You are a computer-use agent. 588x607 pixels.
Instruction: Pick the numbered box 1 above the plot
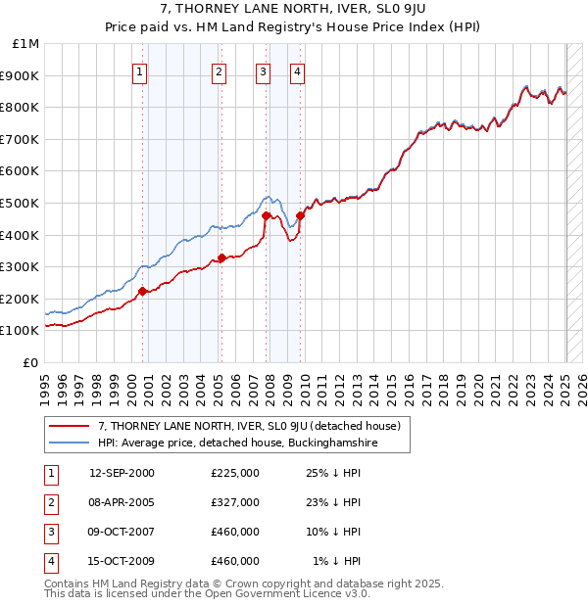(141, 71)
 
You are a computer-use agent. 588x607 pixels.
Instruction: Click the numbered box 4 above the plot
(297, 71)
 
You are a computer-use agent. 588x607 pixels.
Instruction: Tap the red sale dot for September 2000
(143, 291)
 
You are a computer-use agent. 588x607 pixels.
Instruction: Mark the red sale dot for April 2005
(221, 258)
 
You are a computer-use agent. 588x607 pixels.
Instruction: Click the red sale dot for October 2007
(266, 215)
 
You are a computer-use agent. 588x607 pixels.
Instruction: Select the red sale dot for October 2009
(300, 215)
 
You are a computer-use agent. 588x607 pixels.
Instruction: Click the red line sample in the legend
(70, 426)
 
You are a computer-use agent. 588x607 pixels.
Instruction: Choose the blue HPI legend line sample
(70, 443)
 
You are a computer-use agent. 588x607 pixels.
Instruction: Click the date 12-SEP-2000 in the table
(122, 473)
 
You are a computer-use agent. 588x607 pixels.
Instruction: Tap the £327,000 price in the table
(235, 502)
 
